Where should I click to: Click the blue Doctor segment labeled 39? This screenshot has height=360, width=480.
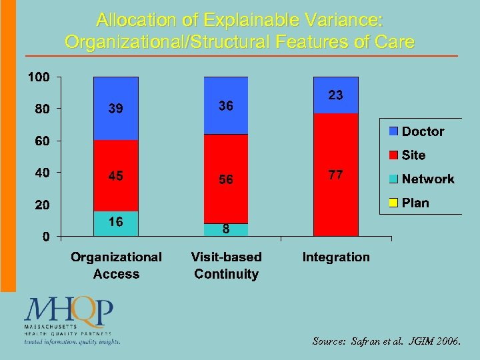click(x=116, y=109)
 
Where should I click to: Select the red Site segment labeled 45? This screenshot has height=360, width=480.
click(x=116, y=175)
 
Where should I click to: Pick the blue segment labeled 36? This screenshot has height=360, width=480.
click(x=226, y=106)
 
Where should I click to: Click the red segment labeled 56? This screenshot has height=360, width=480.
click(x=226, y=179)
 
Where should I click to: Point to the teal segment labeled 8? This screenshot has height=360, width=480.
click(x=226, y=230)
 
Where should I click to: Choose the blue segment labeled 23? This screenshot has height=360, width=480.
click(x=335, y=95)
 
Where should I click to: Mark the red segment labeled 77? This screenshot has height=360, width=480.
click(x=335, y=175)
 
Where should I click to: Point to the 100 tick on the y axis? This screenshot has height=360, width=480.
click(x=38, y=77)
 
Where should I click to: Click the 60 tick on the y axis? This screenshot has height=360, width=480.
click(x=41, y=141)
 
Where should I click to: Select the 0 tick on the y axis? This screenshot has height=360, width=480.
click(x=45, y=237)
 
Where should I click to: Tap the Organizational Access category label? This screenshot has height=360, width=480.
click(x=116, y=265)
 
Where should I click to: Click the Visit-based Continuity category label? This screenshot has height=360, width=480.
click(x=226, y=265)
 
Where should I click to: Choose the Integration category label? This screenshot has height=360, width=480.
click(x=335, y=257)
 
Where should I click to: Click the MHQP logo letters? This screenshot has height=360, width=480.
click(x=69, y=311)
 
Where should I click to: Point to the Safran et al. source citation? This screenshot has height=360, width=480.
click(x=386, y=341)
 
